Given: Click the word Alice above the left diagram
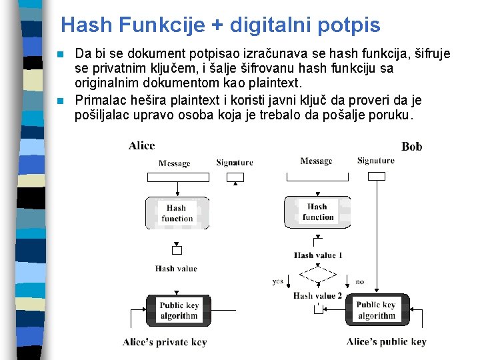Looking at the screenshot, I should pos(141,145).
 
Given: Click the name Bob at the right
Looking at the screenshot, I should pos(411,147).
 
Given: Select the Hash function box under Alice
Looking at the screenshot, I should pos(177,213).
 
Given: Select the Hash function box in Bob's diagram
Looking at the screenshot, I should pos(317,212).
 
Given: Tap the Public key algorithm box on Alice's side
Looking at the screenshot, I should pos(178,311).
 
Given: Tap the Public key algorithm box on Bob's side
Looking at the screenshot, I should pos(377,311).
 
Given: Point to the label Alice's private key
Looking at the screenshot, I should pos(165,342).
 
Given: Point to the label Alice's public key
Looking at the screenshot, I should pos(386,342).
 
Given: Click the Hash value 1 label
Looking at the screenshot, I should pos(318,255).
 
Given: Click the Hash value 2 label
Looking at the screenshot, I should pos(317,295).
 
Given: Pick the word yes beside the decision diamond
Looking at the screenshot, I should pos(277,281).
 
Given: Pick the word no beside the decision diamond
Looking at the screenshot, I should pos(360,281).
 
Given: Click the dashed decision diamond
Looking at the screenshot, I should pos(318,275).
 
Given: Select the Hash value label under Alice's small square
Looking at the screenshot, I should pos(176,269).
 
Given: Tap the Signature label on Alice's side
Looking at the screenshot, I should pos(235,162).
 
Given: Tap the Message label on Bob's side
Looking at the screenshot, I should pos(316,161).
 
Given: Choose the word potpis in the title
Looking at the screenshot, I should pos(349,25).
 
